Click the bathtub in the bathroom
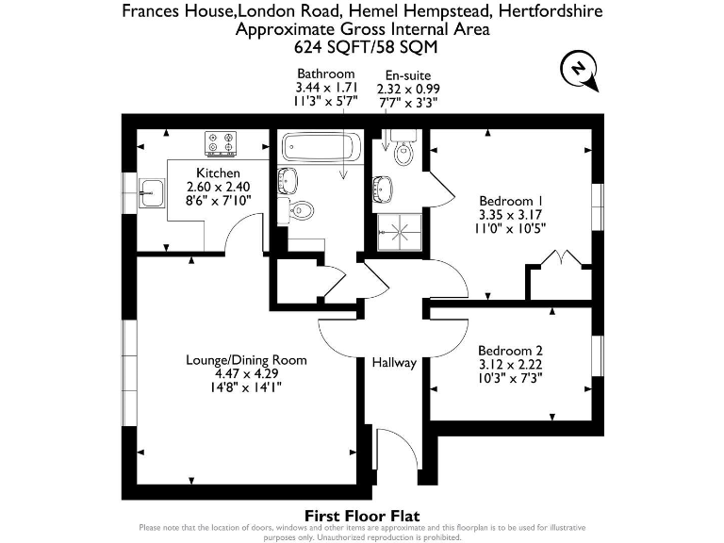click(x=321, y=147)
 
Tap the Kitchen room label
click(x=218, y=173)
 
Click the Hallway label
click(x=393, y=362)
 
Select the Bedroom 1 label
click(x=511, y=201)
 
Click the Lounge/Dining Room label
click(x=247, y=360)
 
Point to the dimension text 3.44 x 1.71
click(x=325, y=87)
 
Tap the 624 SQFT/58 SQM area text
click(x=362, y=46)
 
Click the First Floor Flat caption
click(x=362, y=515)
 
